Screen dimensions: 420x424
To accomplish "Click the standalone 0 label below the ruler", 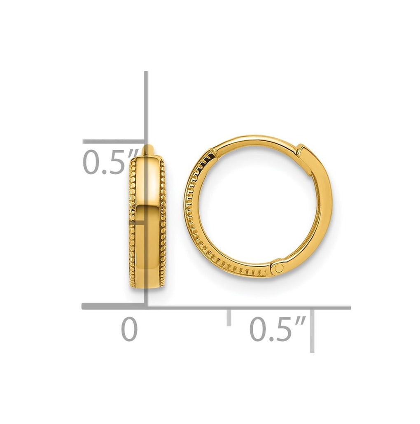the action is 129,329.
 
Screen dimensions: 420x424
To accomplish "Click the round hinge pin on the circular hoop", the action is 278,268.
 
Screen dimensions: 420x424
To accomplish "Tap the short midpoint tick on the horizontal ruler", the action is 229,317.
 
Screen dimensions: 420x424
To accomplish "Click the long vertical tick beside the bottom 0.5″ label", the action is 312,331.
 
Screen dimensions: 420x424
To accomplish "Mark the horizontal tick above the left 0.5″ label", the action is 113,142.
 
